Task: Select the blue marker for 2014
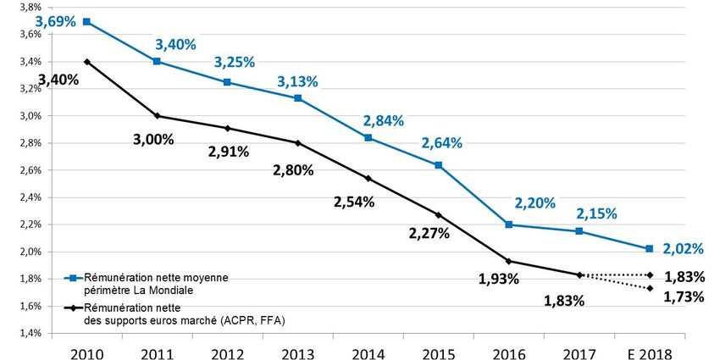(368, 137)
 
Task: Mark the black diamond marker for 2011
(157, 116)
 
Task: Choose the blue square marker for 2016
(508, 224)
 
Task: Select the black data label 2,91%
(228, 152)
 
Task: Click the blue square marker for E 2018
(649, 248)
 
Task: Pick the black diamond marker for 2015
(438, 215)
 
